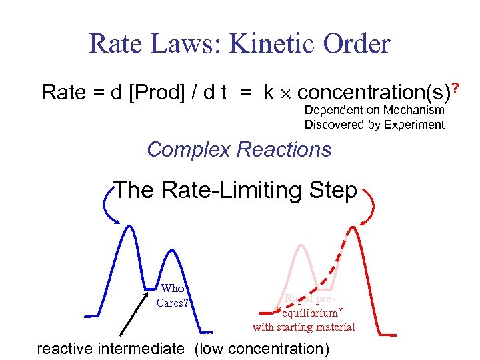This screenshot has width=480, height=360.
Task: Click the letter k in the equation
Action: pyautogui.click(x=268, y=93)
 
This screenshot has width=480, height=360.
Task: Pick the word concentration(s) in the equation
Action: pyautogui.click(x=363, y=93)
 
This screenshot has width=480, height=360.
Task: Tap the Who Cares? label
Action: pyautogui.click(x=173, y=295)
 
